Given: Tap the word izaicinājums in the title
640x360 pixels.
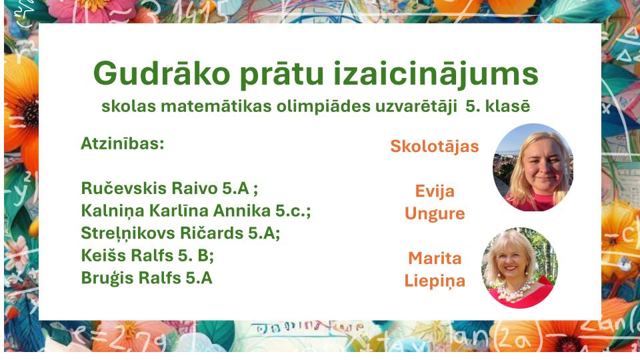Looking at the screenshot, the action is coord(436,75).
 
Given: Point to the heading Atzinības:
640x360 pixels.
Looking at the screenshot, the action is coord(123,144).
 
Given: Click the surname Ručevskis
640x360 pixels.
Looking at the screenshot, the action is coord(124,188).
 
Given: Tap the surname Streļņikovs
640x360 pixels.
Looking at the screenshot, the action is coord(128,233).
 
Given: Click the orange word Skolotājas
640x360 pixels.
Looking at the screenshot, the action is coord(434,147).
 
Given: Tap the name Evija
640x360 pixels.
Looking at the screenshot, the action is coord(435,191).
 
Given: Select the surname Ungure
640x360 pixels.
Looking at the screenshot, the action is coord(435,214).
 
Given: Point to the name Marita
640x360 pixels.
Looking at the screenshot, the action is coord(435,259).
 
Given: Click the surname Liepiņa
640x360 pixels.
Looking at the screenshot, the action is coord(435,281).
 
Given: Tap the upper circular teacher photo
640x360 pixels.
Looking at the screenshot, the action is coord(533,167).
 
